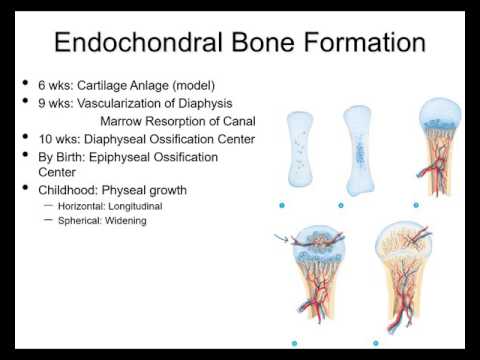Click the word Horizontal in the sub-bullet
(x=85, y=205)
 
